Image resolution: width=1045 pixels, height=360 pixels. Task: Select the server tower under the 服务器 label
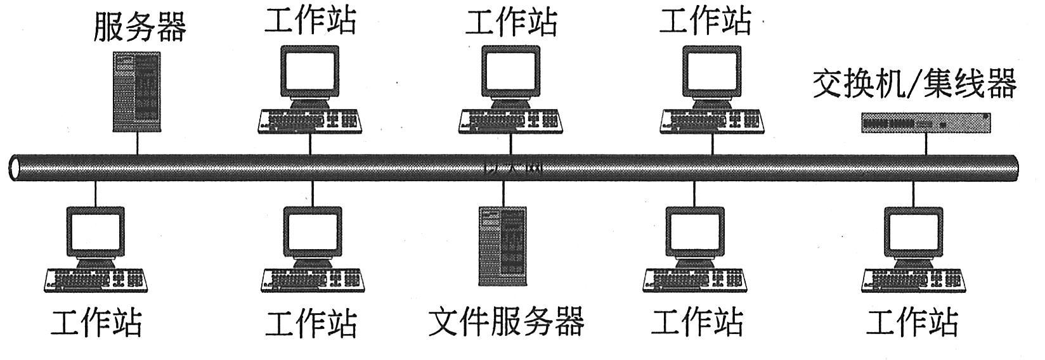click(136, 92)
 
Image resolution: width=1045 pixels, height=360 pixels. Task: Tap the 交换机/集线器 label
click(914, 85)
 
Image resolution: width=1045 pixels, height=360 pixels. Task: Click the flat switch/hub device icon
click(925, 122)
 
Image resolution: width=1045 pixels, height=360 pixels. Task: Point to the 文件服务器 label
click(505, 321)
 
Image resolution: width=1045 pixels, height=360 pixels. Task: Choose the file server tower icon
click(502, 245)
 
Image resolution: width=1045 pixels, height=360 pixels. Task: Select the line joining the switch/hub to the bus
click(925, 144)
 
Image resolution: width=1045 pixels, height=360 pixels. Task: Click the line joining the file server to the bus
click(503, 193)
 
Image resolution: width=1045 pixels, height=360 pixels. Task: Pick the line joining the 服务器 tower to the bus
click(137, 143)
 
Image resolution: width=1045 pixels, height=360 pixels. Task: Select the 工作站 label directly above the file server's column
click(511, 21)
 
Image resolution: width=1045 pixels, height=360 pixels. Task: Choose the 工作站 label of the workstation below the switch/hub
click(912, 321)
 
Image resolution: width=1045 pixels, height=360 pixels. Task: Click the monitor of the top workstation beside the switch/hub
click(711, 71)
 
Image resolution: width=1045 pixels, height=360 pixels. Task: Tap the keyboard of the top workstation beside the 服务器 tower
click(309, 121)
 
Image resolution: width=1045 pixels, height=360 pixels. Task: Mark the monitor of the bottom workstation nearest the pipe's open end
click(95, 233)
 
